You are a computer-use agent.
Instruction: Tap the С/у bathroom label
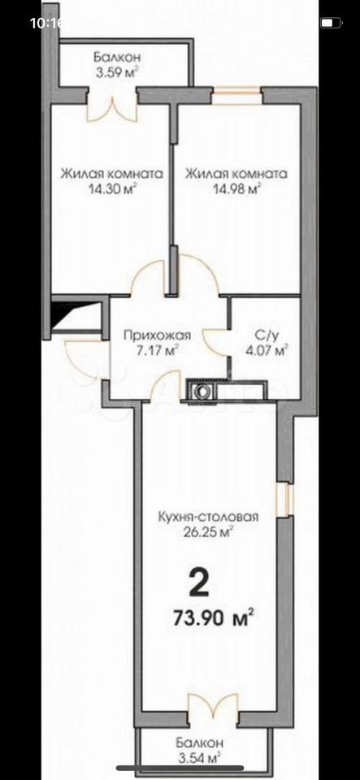(267, 336)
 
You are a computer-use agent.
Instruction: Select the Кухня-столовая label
(208, 517)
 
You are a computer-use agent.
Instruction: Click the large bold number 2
(199, 583)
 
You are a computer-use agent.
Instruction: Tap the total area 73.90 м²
(214, 617)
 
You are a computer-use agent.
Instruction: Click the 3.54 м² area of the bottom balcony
(199, 759)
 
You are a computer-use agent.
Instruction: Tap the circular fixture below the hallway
(202, 392)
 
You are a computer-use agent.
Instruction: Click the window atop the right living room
(236, 96)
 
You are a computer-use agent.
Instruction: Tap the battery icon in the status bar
(331, 23)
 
